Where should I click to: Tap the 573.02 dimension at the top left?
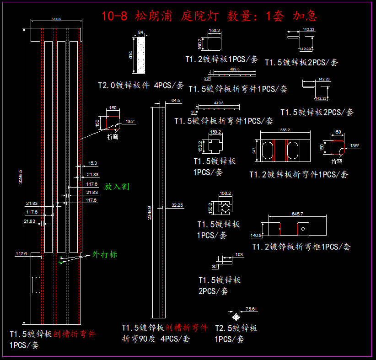[x=57, y=19]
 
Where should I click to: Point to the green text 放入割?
[x=117, y=187]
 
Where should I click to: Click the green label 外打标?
[x=105, y=254]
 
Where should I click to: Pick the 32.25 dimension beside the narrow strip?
[x=177, y=205]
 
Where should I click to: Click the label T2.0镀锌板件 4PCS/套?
[x=141, y=85]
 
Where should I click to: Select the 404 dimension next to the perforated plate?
[x=131, y=55]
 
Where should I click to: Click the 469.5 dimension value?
[x=235, y=69]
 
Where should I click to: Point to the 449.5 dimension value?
[x=218, y=103]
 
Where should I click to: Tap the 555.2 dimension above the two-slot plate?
[x=285, y=130]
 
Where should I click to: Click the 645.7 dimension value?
[x=297, y=214]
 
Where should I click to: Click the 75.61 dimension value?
[x=251, y=309]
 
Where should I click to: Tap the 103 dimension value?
[x=238, y=254]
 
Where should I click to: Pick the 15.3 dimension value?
[x=92, y=163]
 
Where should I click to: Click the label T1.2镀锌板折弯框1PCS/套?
[x=301, y=247]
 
